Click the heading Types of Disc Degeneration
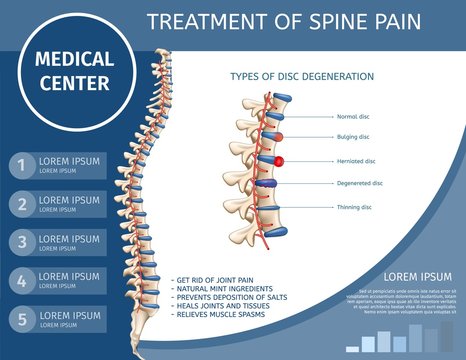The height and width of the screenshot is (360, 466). point(302,77)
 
